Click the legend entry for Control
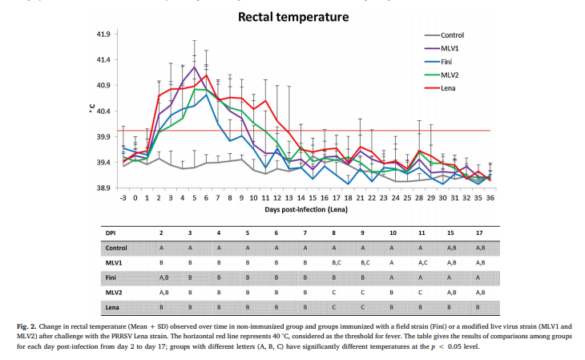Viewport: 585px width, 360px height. [452, 35]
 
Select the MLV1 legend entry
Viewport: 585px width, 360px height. [449, 47]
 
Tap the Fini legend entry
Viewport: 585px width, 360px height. [446, 60]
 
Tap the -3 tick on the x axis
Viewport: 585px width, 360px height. [123, 196]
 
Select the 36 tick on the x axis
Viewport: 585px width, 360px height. [489, 196]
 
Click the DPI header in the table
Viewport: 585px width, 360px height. [112, 233]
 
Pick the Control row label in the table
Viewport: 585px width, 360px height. [118, 248]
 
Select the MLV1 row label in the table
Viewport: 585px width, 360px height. [115, 261]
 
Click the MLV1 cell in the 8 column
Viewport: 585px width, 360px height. [337, 261]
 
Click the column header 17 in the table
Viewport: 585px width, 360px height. [479, 233]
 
